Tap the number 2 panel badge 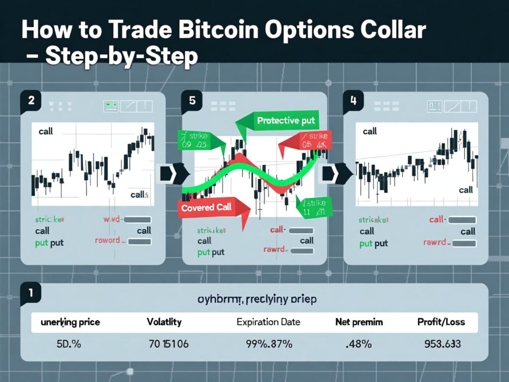click(31, 100)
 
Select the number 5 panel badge click(192, 100)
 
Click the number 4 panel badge click(353, 100)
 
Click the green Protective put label click(285, 120)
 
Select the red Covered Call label click(206, 207)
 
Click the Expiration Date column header click(268, 322)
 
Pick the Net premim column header click(359, 322)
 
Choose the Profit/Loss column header click(441, 322)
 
